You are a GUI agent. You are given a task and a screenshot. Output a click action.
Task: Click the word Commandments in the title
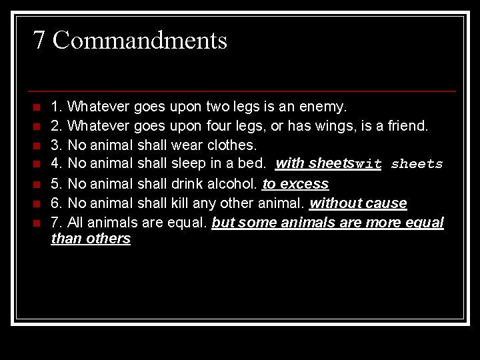[140, 41]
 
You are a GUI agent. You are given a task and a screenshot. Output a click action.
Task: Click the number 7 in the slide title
[39, 41]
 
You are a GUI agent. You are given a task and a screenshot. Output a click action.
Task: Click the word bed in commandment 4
[256, 164]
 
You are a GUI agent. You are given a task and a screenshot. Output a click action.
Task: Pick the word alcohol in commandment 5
[233, 184]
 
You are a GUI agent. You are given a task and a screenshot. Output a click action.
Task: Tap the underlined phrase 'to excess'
[295, 184]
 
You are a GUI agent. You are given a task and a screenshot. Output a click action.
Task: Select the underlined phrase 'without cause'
[358, 203]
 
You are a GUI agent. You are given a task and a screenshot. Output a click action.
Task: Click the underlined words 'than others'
[91, 239]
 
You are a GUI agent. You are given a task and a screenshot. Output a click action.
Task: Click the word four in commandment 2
[216, 126]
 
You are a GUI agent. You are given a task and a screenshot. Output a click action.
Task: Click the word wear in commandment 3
[186, 145]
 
